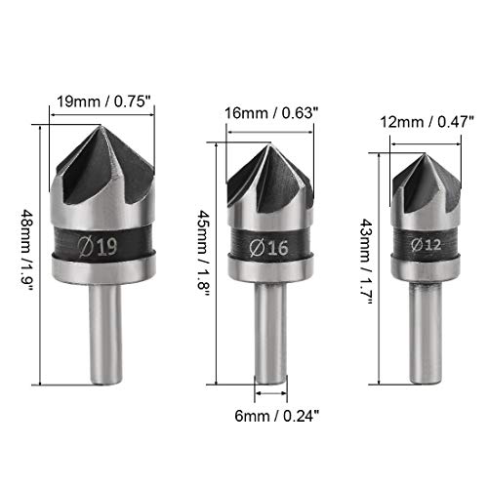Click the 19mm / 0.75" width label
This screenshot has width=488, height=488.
click(x=102, y=99)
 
